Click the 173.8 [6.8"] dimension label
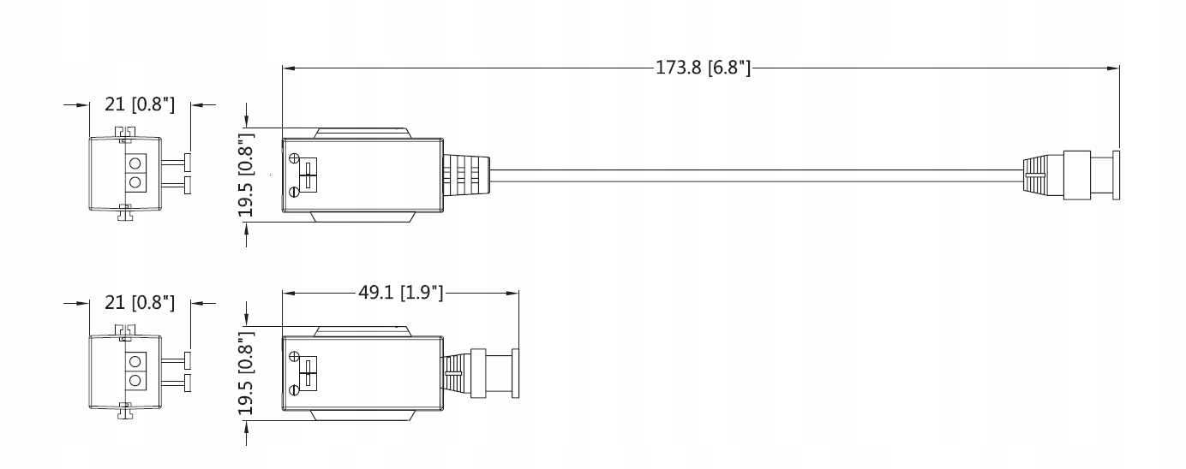(x=704, y=68)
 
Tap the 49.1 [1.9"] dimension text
(x=401, y=293)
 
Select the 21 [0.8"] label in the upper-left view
(x=140, y=104)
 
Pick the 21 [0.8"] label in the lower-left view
(x=140, y=303)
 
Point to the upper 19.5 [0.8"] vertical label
(x=246, y=175)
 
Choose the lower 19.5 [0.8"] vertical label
(x=246, y=373)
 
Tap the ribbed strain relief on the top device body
(x=466, y=175)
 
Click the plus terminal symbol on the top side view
(x=295, y=157)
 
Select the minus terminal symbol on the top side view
(x=295, y=193)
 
